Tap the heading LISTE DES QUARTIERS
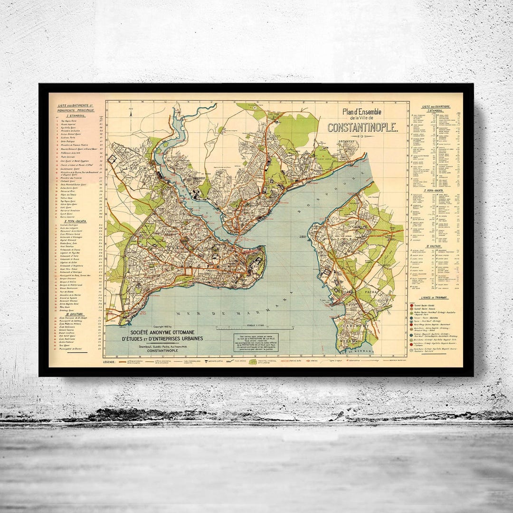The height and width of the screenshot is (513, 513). tap(437, 106)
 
